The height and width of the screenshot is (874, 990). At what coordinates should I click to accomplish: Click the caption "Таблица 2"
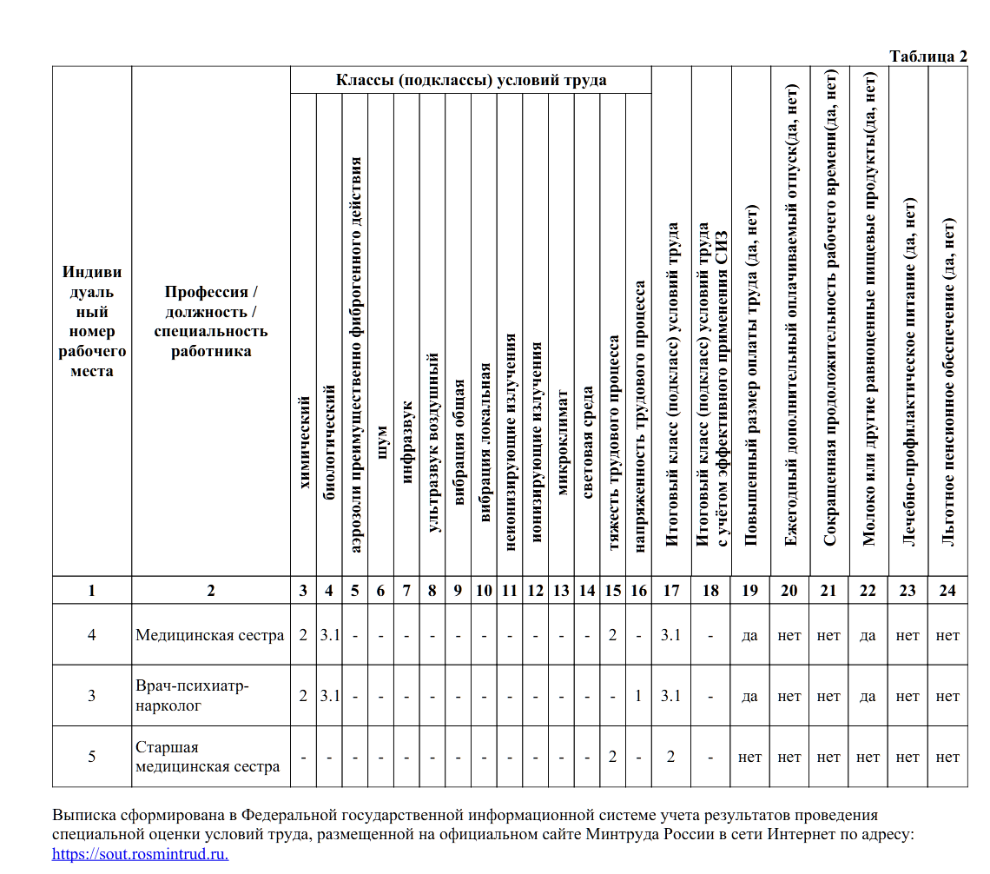click(928, 56)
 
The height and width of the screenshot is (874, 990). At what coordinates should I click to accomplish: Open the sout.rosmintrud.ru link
click(141, 853)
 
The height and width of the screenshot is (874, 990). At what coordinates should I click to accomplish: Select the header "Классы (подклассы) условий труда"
click(471, 81)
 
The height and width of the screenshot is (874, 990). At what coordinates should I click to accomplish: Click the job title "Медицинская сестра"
click(209, 635)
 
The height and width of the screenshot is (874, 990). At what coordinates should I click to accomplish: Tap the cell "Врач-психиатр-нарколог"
click(193, 696)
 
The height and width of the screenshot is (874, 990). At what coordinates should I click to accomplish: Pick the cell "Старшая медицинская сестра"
click(208, 757)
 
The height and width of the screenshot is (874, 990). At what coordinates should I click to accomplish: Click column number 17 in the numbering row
click(670, 591)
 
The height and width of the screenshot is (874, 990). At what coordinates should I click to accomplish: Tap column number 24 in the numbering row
click(947, 591)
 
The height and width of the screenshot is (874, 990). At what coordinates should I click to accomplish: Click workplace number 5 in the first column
click(92, 757)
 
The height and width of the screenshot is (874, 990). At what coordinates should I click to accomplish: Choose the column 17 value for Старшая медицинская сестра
click(670, 757)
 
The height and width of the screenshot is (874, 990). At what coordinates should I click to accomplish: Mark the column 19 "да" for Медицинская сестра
click(749, 635)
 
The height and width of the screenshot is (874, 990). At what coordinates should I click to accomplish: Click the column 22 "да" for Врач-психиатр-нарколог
click(868, 696)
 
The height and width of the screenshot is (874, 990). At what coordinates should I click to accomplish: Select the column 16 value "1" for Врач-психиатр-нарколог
click(638, 696)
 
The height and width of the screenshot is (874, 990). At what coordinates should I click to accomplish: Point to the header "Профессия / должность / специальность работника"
click(210, 321)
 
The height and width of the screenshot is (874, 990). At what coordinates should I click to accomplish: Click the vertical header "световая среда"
click(587, 442)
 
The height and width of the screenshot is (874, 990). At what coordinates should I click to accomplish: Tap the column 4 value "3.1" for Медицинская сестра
click(329, 635)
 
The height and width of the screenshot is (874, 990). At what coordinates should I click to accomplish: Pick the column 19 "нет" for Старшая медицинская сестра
click(749, 757)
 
